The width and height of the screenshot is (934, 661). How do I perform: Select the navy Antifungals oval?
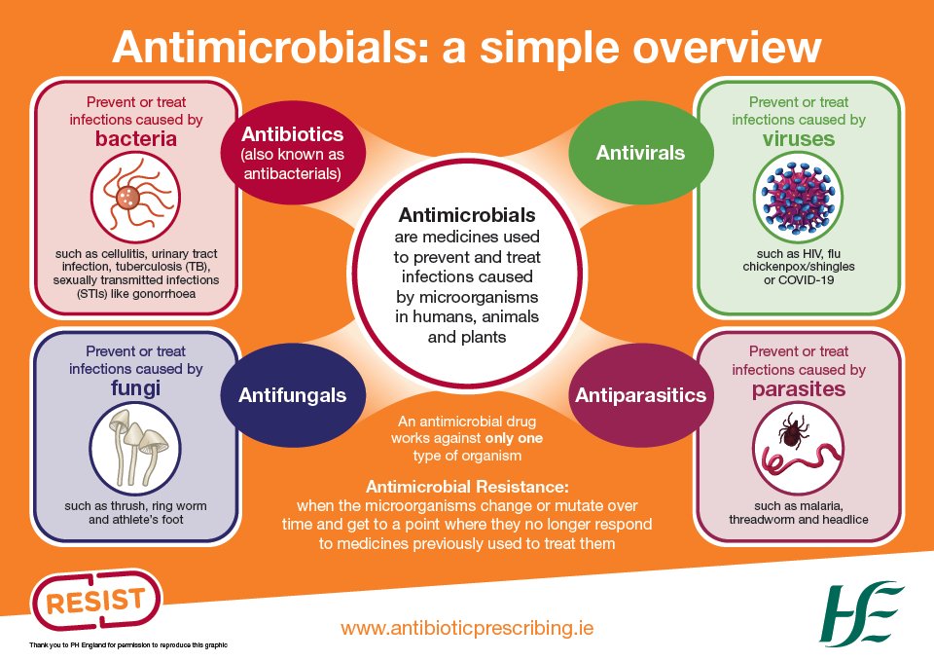(x=293, y=394)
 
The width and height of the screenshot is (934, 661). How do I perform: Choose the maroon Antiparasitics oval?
(x=639, y=394)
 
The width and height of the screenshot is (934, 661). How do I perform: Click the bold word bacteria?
(x=136, y=138)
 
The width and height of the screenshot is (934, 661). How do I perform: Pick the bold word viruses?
(x=798, y=138)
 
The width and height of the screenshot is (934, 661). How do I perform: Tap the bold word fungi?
(x=136, y=387)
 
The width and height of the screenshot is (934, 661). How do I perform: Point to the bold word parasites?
(x=798, y=388)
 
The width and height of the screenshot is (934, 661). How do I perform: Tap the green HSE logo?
(x=862, y=613)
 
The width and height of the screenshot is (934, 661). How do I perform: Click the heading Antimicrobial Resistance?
(x=466, y=486)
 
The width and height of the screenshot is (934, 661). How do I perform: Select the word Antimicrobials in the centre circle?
(x=467, y=215)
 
